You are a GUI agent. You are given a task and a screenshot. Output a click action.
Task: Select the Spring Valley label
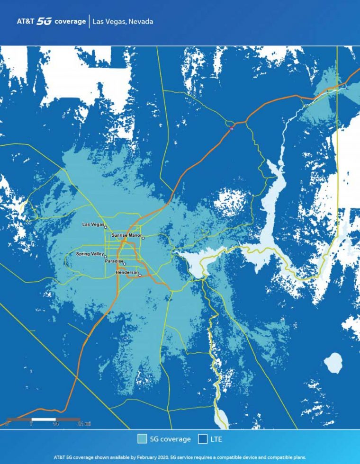90,254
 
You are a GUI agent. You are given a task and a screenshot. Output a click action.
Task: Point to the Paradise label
114,261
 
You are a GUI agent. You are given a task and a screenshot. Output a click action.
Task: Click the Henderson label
126,273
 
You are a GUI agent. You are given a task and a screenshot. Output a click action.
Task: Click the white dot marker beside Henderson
140,275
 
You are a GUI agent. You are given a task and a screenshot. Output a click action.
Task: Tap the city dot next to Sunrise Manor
143,238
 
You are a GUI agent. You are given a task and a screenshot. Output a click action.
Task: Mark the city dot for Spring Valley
106,257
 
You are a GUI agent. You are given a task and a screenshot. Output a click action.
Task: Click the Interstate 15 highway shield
231,128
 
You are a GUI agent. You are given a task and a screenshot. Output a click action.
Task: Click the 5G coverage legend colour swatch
142,439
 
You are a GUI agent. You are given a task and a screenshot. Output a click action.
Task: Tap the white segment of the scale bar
44,419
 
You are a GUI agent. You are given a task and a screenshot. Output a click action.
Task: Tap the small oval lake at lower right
333,363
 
